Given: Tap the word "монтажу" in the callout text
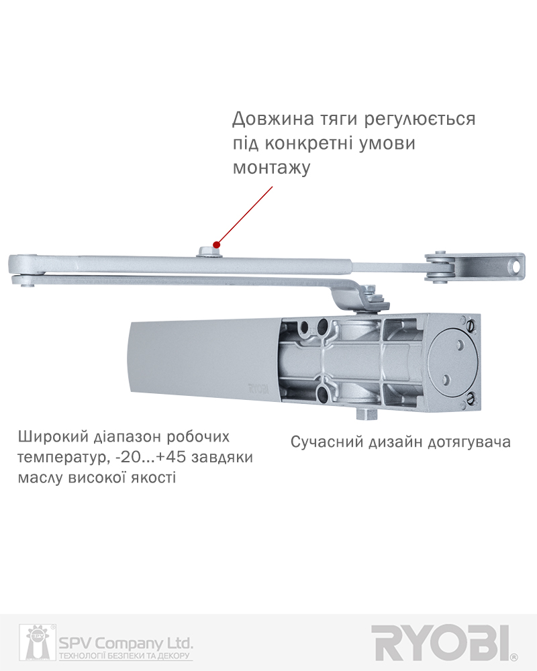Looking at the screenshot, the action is [271, 168].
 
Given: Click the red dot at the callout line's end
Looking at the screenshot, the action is [217, 245].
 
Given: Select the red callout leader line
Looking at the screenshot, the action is [244, 215].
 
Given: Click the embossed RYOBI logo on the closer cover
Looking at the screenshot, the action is [258, 389].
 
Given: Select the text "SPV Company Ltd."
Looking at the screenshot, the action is [126, 643].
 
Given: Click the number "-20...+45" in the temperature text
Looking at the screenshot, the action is [151, 457].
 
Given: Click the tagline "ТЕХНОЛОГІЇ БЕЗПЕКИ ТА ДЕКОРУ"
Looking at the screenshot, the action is [124, 656].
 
